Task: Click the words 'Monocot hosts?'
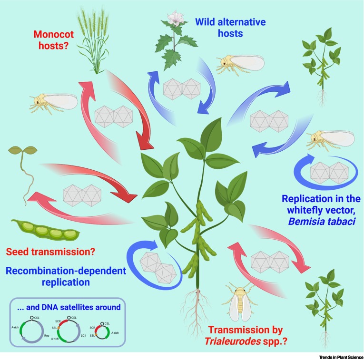(54, 40)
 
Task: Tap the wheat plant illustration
(94, 40)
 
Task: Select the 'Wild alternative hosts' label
(230, 28)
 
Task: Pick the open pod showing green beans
(46, 230)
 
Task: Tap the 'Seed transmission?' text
(50, 252)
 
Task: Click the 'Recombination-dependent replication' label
(66, 276)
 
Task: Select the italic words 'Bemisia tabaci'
(322, 222)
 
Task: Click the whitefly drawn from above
(240, 301)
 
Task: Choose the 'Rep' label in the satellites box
(47, 335)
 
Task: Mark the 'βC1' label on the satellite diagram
(83, 335)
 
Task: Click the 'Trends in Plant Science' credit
(341, 357)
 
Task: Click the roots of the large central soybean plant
(197, 311)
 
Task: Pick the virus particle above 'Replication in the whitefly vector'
(329, 173)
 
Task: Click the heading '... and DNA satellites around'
(69, 307)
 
